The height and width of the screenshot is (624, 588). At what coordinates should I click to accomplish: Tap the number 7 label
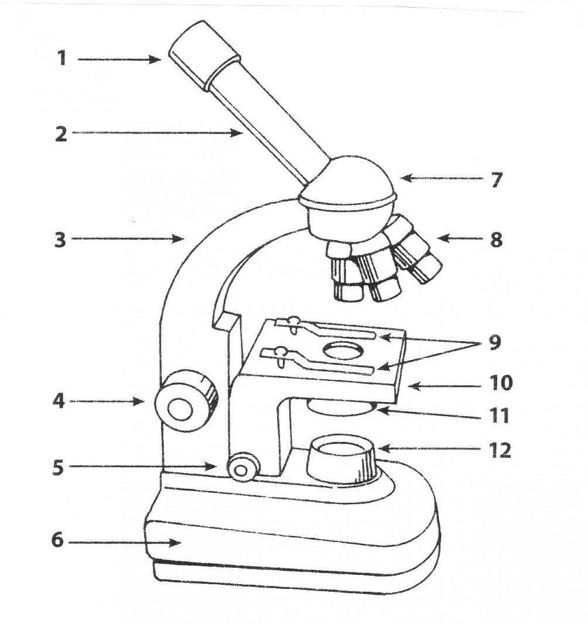(496, 179)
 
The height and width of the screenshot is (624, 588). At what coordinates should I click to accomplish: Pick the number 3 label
(60, 239)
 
